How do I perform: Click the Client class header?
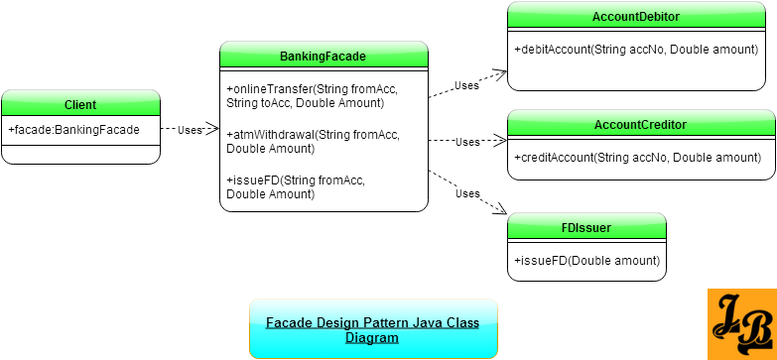click(80, 105)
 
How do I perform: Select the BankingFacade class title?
click(324, 57)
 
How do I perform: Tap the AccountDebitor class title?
click(635, 17)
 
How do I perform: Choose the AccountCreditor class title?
click(640, 125)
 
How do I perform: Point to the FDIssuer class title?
click(586, 228)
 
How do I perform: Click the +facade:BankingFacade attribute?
click(74, 130)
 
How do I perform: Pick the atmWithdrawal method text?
click(313, 142)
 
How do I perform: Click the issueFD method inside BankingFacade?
click(296, 187)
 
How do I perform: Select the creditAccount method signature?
click(637, 158)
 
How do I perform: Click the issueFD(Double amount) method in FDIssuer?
click(586, 261)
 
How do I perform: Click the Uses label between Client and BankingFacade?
click(191, 130)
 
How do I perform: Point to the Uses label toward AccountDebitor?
click(466, 86)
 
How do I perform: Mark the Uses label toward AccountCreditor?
click(467, 142)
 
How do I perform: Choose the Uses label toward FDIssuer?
click(467, 193)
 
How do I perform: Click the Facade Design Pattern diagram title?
click(372, 329)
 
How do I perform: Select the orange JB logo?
click(741, 324)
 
